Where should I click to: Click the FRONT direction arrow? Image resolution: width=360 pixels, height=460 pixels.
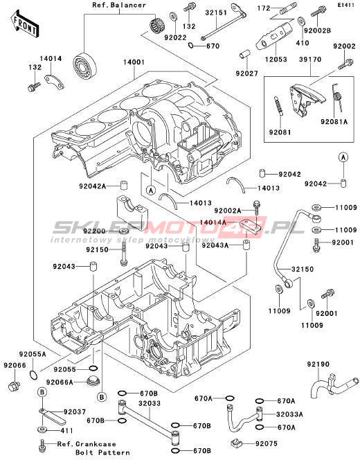(25, 24)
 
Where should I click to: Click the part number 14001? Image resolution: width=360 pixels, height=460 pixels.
(134, 62)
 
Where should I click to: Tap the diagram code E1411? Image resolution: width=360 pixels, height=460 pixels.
(345, 5)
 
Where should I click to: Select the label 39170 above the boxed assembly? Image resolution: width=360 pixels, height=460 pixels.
(310, 60)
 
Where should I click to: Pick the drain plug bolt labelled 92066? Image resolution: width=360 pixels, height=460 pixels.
(13, 386)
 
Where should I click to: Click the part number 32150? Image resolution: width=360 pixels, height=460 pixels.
(303, 269)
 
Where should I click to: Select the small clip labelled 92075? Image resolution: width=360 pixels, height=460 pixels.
(237, 443)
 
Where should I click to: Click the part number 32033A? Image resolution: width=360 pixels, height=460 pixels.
(289, 414)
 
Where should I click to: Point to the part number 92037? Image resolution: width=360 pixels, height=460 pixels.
(75, 412)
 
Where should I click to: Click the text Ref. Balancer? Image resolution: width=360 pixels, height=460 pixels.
(119, 5)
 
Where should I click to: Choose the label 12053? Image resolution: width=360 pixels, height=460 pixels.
(276, 60)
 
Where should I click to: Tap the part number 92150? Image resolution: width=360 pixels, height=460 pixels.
(97, 249)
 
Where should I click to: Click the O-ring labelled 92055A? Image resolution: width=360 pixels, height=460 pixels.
(34, 375)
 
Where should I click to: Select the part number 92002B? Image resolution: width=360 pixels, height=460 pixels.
(317, 30)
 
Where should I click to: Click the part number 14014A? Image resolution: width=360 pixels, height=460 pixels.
(213, 222)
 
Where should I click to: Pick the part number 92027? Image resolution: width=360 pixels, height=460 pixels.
(247, 73)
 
